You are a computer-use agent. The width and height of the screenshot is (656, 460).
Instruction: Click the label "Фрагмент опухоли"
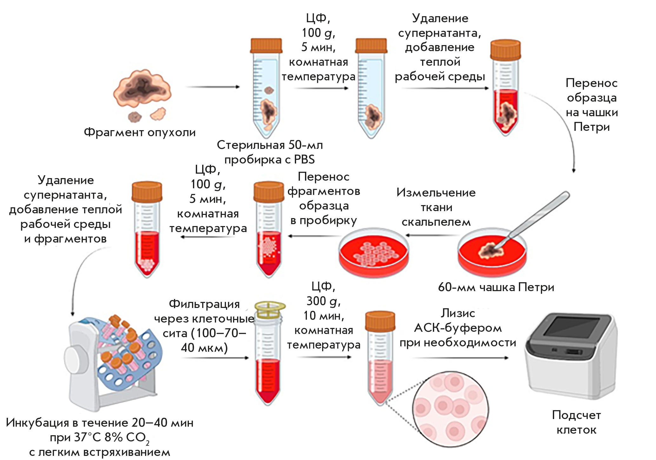[140, 132]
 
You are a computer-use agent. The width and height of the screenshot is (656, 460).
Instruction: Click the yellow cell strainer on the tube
[269, 310]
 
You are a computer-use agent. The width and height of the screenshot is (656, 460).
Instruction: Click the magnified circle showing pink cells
[450, 410]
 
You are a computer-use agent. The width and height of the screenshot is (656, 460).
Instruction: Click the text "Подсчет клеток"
[576, 422]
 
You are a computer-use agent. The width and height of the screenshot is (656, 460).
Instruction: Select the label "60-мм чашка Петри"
[496, 287]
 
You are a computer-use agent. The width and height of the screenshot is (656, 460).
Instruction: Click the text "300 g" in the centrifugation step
[323, 301]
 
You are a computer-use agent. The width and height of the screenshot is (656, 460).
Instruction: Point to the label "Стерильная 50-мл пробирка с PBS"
[270, 152]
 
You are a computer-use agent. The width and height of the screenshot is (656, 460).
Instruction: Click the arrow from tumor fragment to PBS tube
[212, 87]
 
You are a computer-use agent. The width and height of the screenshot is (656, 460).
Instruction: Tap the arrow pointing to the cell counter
[460, 358]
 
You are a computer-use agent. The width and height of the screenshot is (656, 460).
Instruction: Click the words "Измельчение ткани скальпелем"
[436, 207]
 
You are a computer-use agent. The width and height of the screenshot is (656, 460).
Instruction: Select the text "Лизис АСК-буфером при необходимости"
[458, 328]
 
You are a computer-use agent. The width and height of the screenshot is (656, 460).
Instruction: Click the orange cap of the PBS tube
[266, 45]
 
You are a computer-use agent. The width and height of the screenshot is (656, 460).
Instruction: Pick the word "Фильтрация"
[204, 304]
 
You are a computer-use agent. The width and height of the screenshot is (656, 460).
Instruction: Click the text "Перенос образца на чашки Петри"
[592, 105]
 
